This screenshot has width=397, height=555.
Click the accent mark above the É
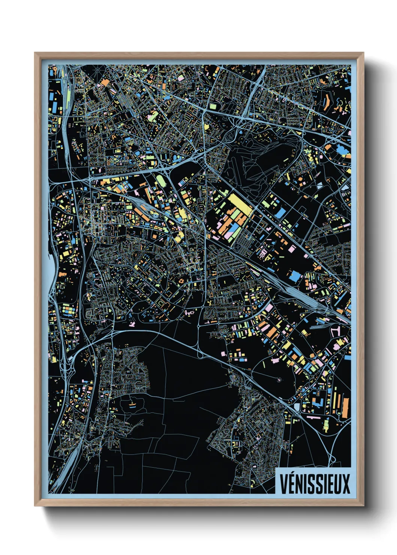click(291, 474)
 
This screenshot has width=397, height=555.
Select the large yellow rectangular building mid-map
click(240, 204)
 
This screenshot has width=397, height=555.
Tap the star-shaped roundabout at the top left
click(98, 70)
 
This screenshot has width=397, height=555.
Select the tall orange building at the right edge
click(345, 407)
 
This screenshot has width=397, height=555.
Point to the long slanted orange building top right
click(325, 101)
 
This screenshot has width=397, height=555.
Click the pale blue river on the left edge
click(52, 270)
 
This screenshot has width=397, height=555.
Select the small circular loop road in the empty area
click(279, 379)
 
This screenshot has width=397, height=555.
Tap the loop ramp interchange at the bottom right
click(332, 459)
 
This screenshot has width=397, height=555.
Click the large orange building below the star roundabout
click(105, 82)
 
